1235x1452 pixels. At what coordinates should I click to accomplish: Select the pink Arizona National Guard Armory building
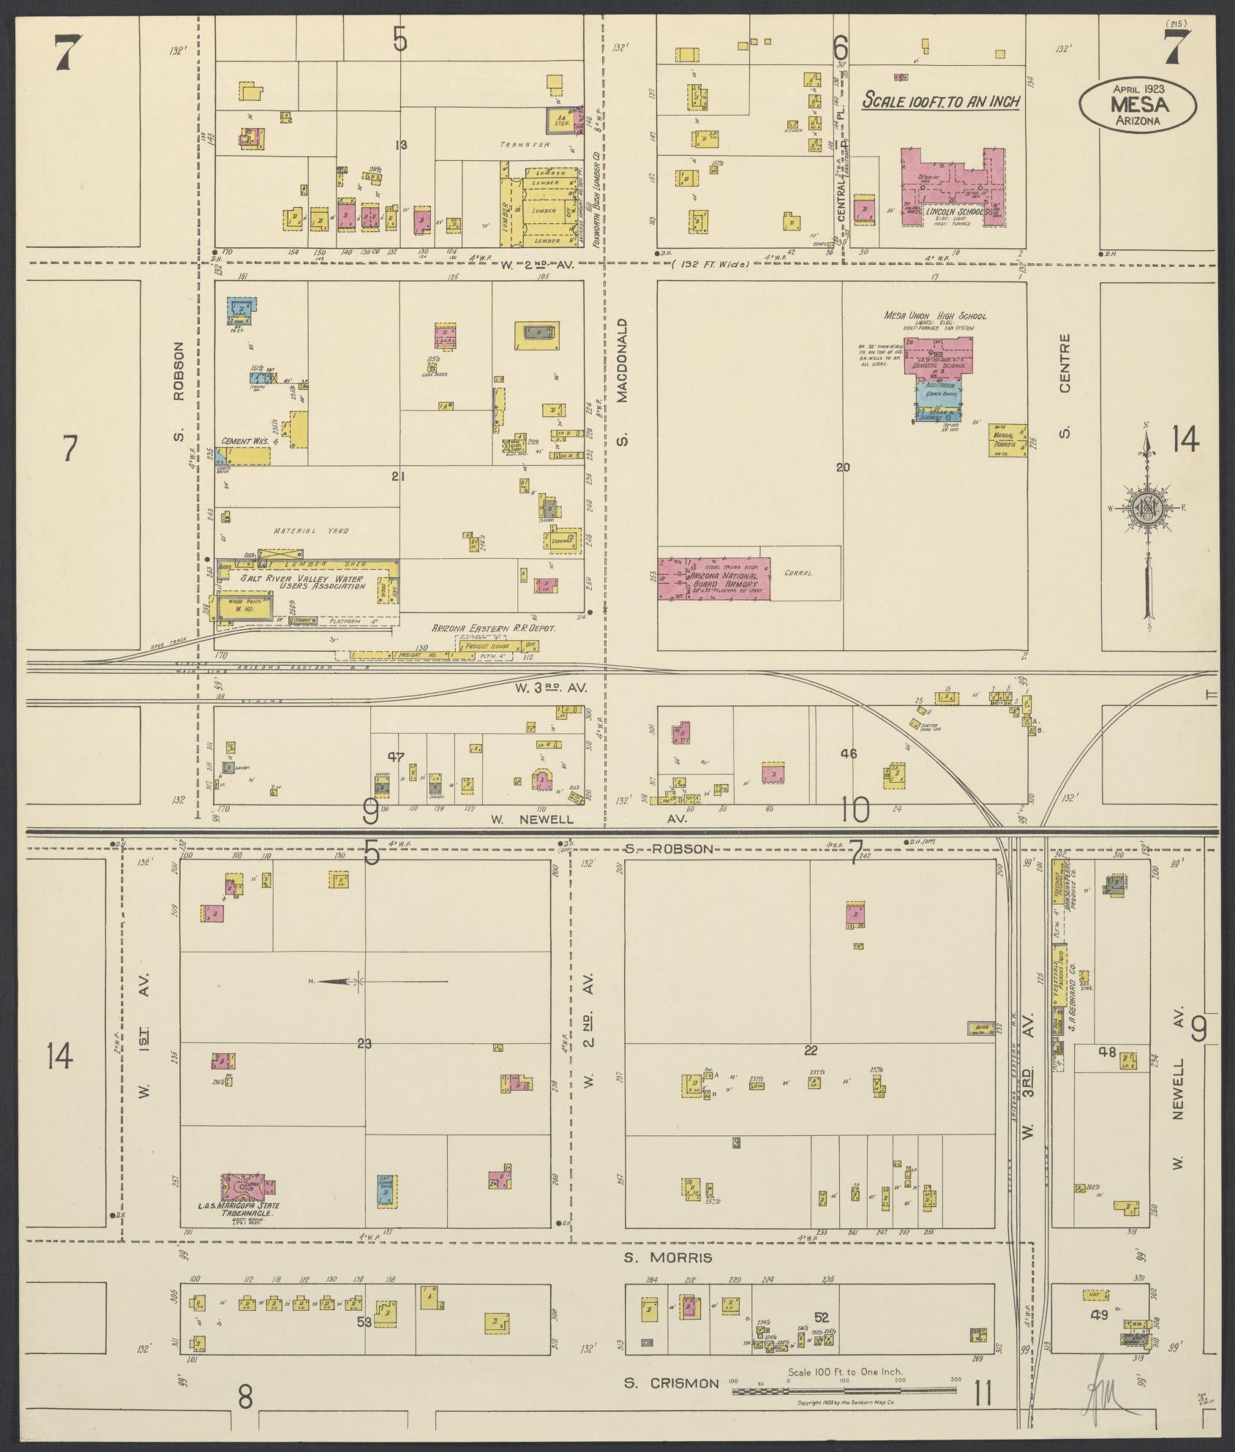tap(714, 579)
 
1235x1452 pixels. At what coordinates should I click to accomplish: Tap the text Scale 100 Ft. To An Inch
tap(940, 102)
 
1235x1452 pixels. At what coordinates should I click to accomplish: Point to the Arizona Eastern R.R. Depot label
tap(494, 628)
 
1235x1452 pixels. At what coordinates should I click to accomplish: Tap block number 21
tap(398, 477)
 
